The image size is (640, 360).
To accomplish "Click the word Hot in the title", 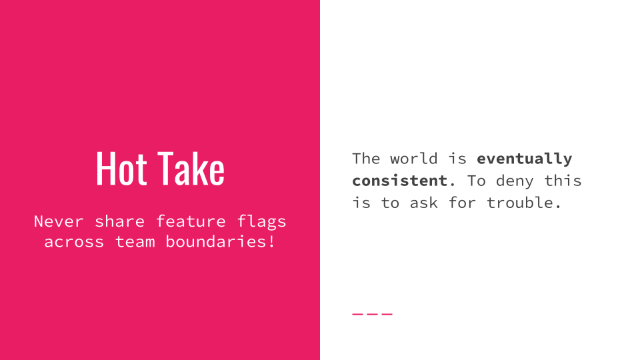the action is [121, 169].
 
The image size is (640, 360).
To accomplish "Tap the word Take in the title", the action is [191, 169].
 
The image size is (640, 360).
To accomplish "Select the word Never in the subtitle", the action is [59, 221].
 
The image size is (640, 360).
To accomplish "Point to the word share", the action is [119, 221].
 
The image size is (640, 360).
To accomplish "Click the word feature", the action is [191, 221].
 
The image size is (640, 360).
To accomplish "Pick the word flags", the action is [261, 222].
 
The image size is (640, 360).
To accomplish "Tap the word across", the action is [74, 242].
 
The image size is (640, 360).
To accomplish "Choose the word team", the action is [135, 241].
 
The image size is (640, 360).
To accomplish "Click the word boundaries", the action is [216, 241].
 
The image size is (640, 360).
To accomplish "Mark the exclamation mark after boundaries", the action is [271, 241].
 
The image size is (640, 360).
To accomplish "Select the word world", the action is [413, 159].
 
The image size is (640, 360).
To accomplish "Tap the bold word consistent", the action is [399, 181].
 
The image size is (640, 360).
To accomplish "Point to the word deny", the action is [515, 181].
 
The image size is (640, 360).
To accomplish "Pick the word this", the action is [563, 181].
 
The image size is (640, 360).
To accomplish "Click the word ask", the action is [424, 203].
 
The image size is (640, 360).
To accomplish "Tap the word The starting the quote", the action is [366, 159].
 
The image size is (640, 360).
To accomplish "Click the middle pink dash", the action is [372, 314].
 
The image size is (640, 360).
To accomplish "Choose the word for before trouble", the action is [462, 203].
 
